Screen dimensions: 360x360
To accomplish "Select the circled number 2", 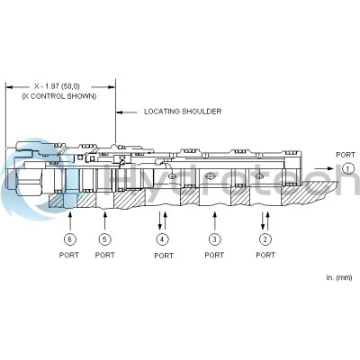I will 265,238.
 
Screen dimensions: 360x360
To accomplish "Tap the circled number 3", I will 214,238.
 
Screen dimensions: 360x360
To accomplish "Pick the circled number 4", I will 163,238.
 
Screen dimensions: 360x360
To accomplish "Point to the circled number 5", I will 104,238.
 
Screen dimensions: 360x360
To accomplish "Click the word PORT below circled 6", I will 68,255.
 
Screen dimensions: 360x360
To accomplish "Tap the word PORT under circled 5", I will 104,255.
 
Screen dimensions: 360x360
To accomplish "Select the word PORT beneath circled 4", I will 163,256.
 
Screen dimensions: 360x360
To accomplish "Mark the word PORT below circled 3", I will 214,255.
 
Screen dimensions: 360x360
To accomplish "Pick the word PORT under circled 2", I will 265,255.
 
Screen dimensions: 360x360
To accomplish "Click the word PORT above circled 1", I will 346,155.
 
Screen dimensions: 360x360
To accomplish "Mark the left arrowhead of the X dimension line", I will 9,86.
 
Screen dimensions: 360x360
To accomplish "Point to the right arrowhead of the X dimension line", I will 112,86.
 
